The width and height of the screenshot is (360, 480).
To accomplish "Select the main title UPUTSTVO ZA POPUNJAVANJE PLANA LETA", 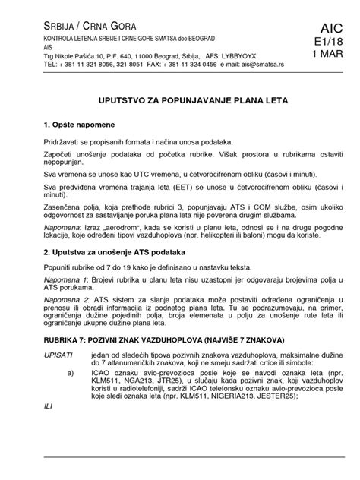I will coord(179,99).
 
